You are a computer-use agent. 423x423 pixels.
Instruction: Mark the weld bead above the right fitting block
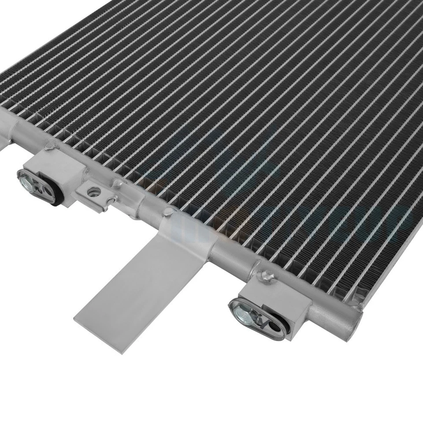pos(266,277)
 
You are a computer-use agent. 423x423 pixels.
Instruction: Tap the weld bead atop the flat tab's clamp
pos(167,212)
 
